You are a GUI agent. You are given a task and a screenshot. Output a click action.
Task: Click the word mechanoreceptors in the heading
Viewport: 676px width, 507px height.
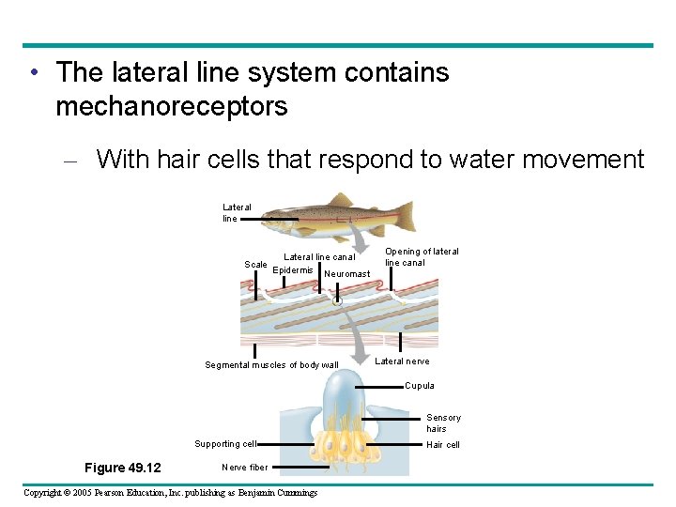pyautogui.click(x=171, y=107)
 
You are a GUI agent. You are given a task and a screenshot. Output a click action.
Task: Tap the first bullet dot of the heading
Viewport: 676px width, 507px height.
pyautogui.click(x=34, y=73)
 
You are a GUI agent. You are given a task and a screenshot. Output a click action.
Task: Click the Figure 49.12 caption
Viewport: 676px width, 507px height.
pyautogui.click(x=122, y=468)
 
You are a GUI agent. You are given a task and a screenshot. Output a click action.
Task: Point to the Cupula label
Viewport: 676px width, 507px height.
pyautogui.click(x=419, y=386)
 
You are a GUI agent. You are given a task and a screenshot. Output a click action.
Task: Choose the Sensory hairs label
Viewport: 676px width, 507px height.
pyautogui.click(x=443, y=423)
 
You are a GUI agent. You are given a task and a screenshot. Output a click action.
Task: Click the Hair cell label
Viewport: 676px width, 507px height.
pyautogui.click(x=442, y=445)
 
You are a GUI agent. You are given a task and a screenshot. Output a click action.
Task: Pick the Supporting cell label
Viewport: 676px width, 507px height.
pyautogui.click(x=224, y=444)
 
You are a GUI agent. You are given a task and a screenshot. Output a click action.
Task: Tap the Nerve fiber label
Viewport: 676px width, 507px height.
pyautogui.click(x=244, y=467)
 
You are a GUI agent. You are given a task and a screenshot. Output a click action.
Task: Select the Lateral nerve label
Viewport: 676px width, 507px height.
pyautogui.click(x=402, y=361)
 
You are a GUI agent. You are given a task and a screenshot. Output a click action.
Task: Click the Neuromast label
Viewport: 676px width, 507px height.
pyautogui.click(x=346, y=274)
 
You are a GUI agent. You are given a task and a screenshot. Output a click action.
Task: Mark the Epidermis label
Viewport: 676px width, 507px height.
pyautogui.click(x=292, y=270)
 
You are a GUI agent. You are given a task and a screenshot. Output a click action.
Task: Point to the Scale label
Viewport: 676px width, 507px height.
pyautogui.click(x=255, y=265)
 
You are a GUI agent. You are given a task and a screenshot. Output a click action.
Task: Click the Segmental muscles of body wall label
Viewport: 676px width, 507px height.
pyautogui.click(x=271, y=365)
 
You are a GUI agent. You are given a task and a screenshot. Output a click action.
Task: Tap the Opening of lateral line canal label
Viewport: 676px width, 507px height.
pyautogui.click(x=422, y=257)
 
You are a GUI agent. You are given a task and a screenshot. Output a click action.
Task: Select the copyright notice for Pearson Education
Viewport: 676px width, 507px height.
pyautogui.click(x=170, y=493)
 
